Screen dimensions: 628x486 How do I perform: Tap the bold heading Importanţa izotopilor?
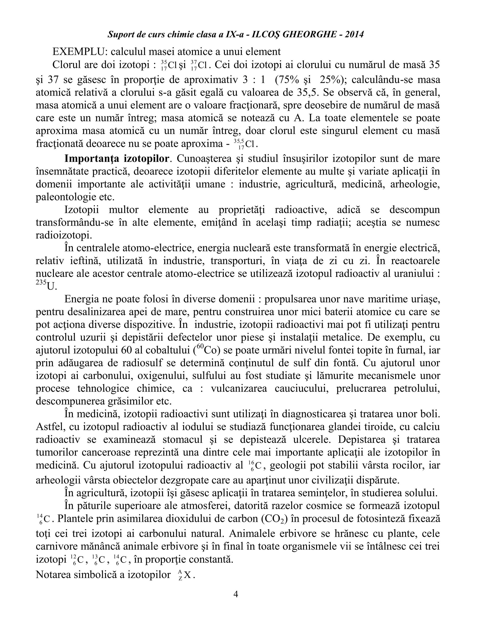tap(117, 159)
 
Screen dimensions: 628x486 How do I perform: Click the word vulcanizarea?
tap(239, 388)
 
